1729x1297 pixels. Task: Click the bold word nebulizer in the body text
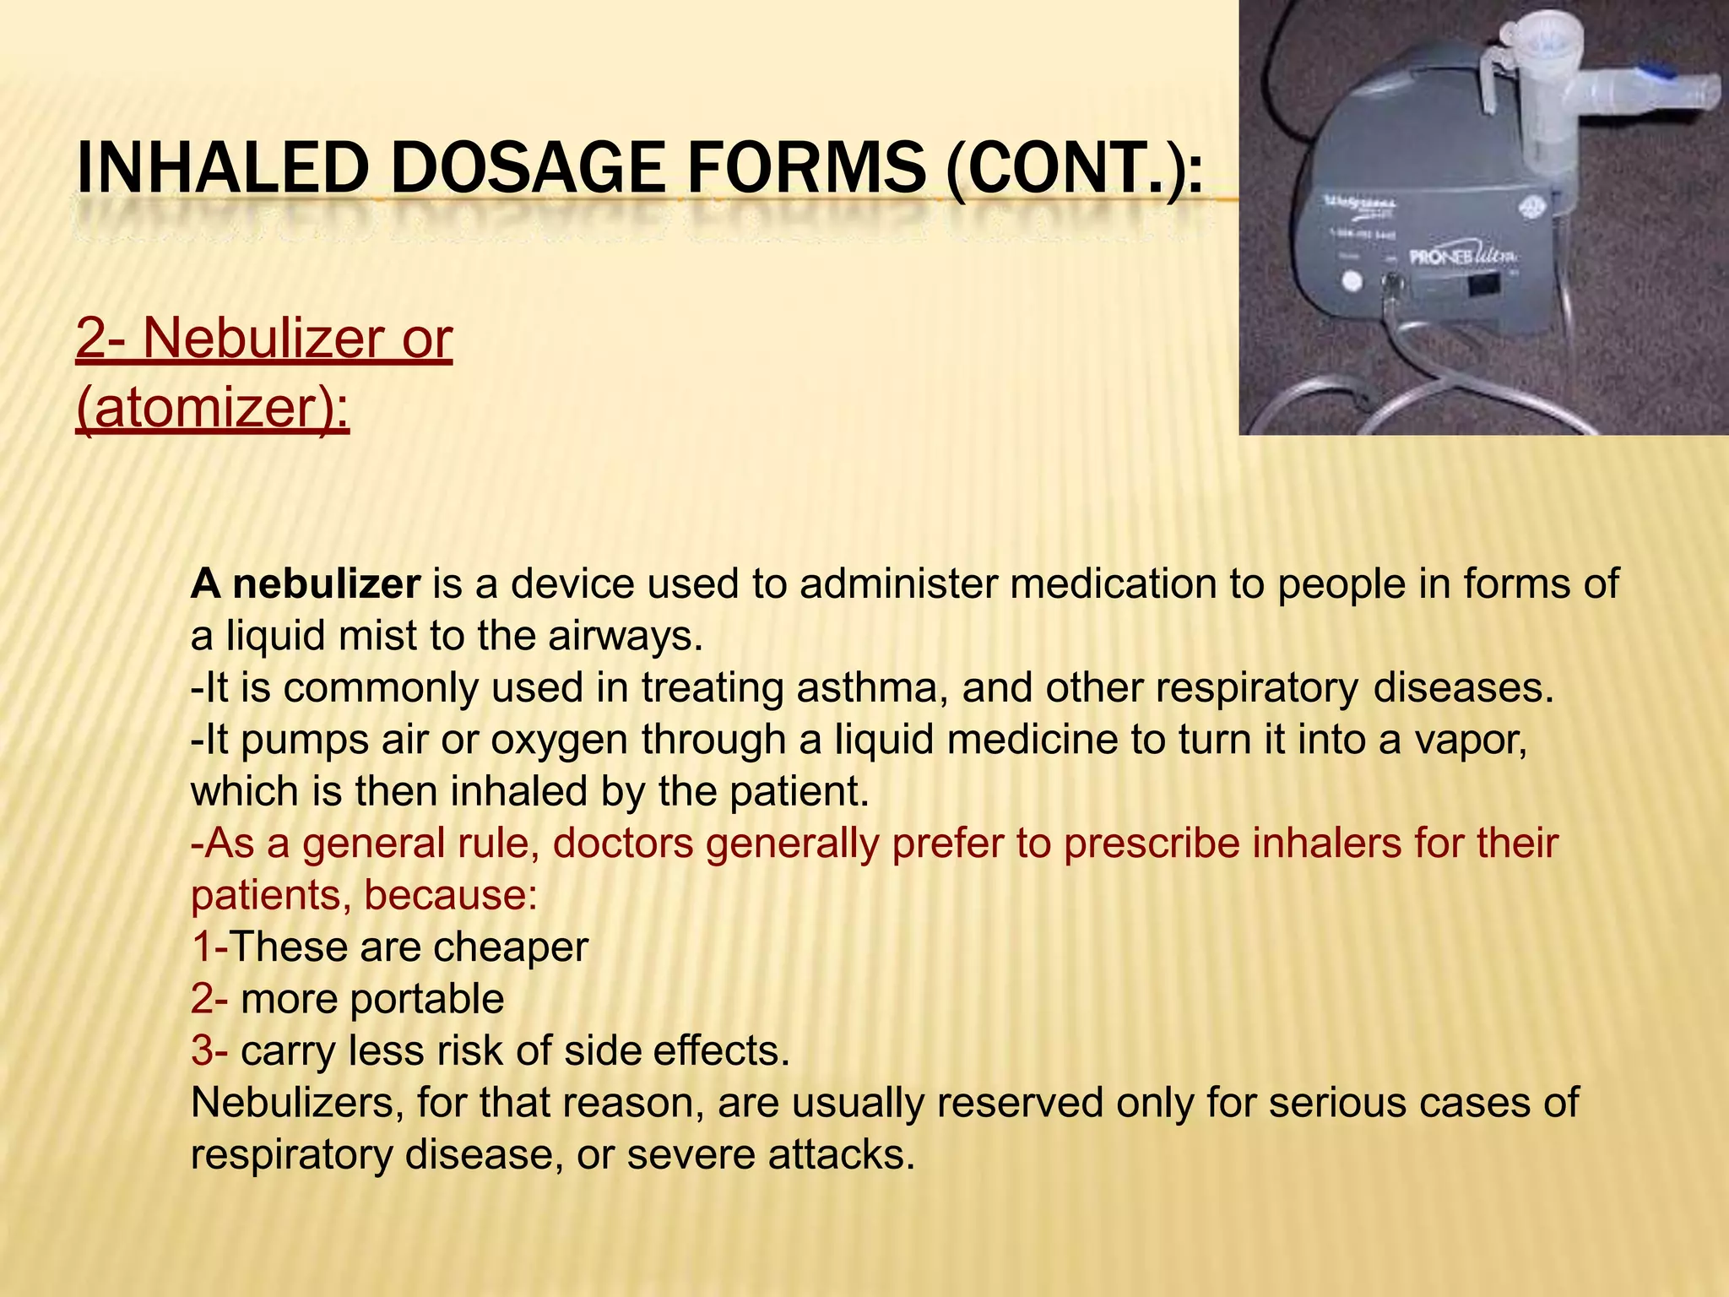326,584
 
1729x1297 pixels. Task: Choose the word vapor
1470,741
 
